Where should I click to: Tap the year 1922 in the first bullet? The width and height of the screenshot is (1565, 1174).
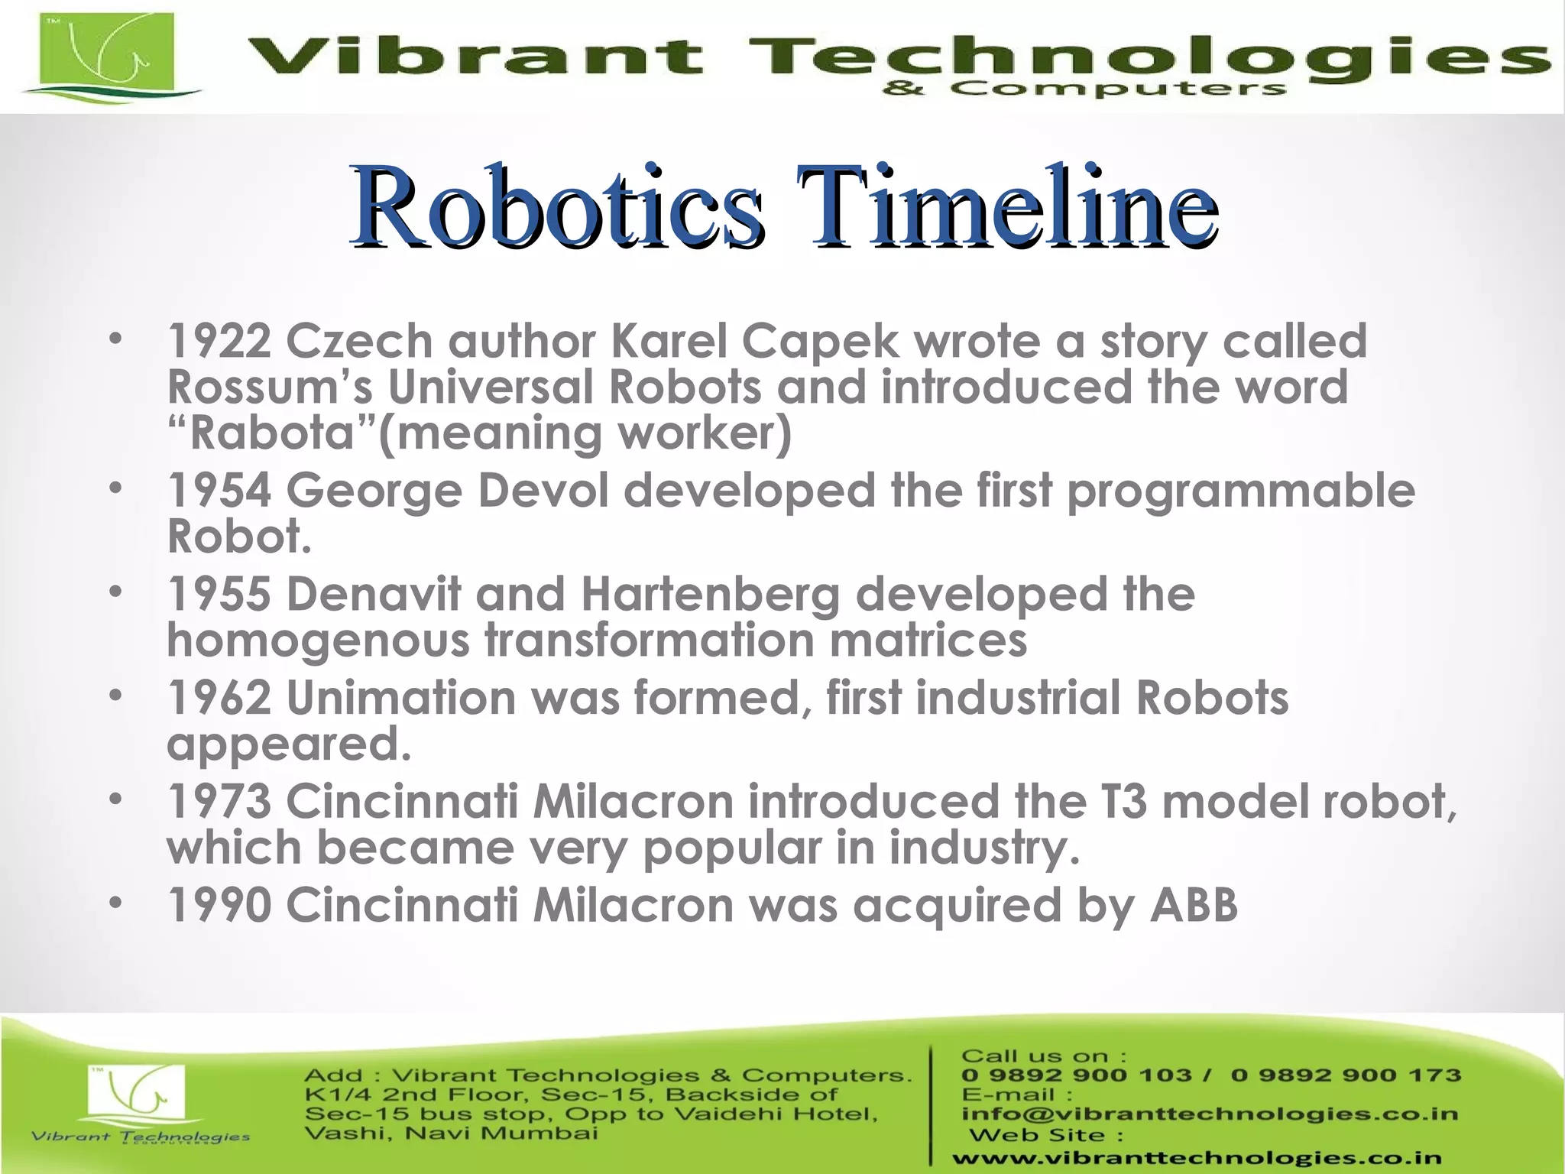pos(219,341)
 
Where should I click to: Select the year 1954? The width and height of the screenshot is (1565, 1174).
pos(219,491)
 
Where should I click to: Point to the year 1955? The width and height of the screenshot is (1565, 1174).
pos(219,594)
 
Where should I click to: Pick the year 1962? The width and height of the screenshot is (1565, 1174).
pos(219,698)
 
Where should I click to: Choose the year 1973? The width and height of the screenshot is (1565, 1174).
pos(219,802)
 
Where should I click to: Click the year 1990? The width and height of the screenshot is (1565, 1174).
pos(219,906)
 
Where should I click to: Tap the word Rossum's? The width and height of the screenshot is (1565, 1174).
pos(270,388)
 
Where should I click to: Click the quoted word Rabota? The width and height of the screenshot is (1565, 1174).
pos(272,433)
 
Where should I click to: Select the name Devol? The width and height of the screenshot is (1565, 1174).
pos(543,491)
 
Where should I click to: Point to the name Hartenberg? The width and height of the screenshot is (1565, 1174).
pos(710,594)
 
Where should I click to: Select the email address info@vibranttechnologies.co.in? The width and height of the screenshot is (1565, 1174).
pos(1210,1114)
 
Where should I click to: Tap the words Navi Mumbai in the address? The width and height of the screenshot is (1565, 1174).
pos(501,1133)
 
